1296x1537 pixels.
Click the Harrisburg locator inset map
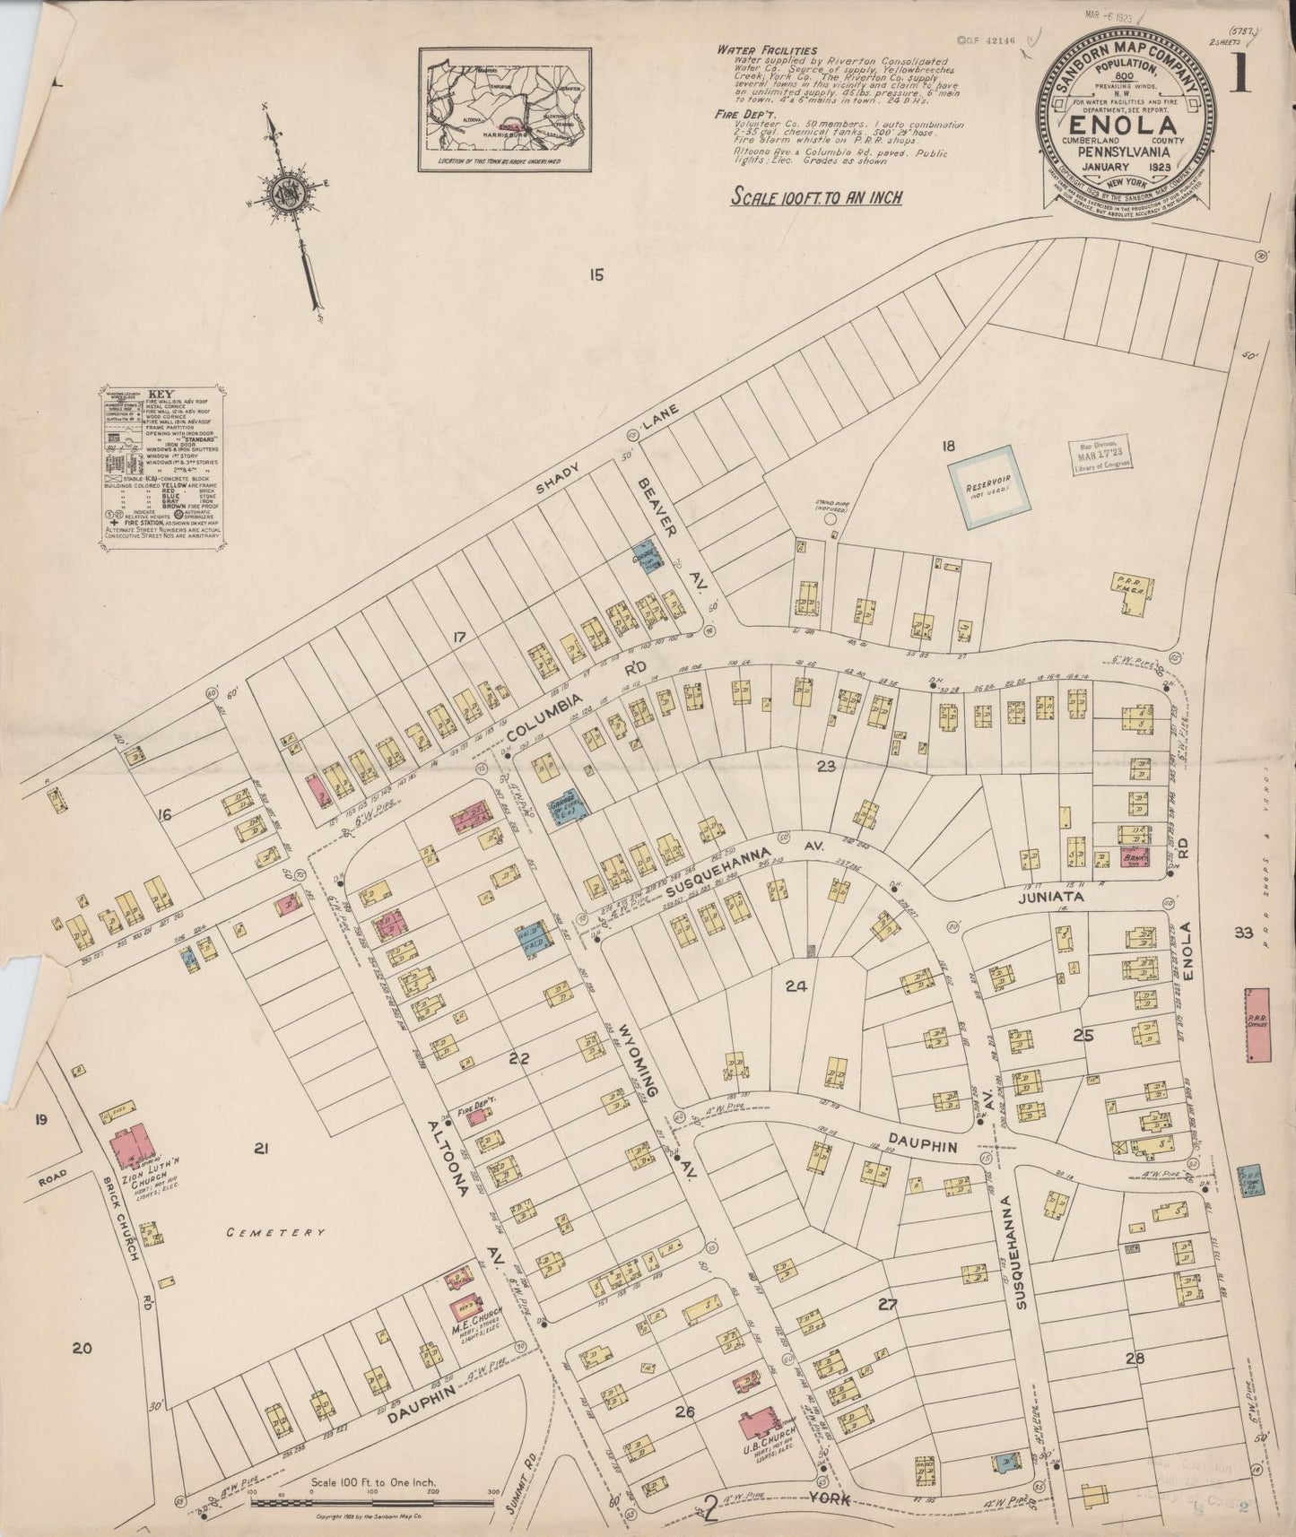508,109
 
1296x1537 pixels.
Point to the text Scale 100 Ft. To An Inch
817,196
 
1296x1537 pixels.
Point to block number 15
597,275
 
